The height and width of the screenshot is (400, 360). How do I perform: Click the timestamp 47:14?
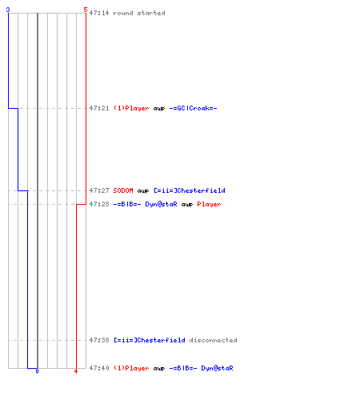click(x=99, y=13)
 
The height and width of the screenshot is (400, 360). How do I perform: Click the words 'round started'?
click(x=139, y=13)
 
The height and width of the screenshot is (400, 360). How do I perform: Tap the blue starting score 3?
click(x=8, y=10)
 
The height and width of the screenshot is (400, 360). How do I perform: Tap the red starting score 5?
click(x=86, y=10)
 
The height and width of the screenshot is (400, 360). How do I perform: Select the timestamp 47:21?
click(x=99, y=108)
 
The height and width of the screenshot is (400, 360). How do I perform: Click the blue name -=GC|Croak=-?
click(x=193, y=108)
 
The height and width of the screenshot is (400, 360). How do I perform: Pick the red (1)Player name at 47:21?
click(x=131, y=108)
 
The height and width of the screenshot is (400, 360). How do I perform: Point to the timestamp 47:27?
click(x=99, y=190)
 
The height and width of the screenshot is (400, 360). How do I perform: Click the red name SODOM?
click(x=123, y=190)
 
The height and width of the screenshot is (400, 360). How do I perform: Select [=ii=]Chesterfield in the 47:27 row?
click(x=190, y=190)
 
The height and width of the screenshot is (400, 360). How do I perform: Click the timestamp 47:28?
click(x=99, y=204)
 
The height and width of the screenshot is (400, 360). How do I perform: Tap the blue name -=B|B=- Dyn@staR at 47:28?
click(x=145, y=204)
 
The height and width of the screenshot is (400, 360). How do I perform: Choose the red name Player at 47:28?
click(x=209, y=204)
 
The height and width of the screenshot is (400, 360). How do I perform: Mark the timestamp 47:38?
click(x=99, y=340)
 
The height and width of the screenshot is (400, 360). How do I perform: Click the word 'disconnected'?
click(x=213, y=340)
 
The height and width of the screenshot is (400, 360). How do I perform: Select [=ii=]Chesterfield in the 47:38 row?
click(x=150, y=340)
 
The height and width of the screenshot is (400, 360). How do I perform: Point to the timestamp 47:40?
click(x=99, y=368)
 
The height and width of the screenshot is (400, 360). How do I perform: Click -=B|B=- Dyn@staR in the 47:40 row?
click(x=201, y=368)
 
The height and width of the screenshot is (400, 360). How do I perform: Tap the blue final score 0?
click(x=37, y=371)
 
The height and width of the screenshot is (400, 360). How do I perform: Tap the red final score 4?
click(x=76, y=371)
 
